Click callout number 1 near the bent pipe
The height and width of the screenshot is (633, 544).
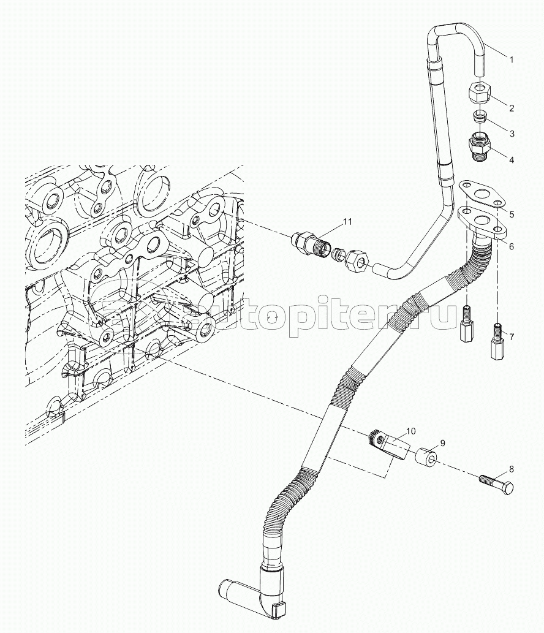[x=512, y=60]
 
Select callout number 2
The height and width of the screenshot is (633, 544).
[x=512, y=108]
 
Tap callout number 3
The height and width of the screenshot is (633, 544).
[x=512, y=134]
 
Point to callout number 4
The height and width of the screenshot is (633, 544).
[x=512, y=160]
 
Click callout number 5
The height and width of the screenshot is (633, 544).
[x=512, y=214]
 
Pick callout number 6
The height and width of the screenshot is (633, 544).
[x=512, y=246]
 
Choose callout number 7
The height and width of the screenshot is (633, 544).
[x=512, y=336]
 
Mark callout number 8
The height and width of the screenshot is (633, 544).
[x=512, y=469]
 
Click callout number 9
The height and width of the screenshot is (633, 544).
[x=442, y=443]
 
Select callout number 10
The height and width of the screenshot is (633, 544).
[x=410, y=431]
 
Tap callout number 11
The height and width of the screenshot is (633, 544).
[x=347, y=222]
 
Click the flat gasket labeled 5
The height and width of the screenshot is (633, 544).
[x=482, y=194]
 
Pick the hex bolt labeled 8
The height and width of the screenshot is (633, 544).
[x=497, y=483]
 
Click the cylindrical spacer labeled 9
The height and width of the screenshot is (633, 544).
[x=426, y=457]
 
